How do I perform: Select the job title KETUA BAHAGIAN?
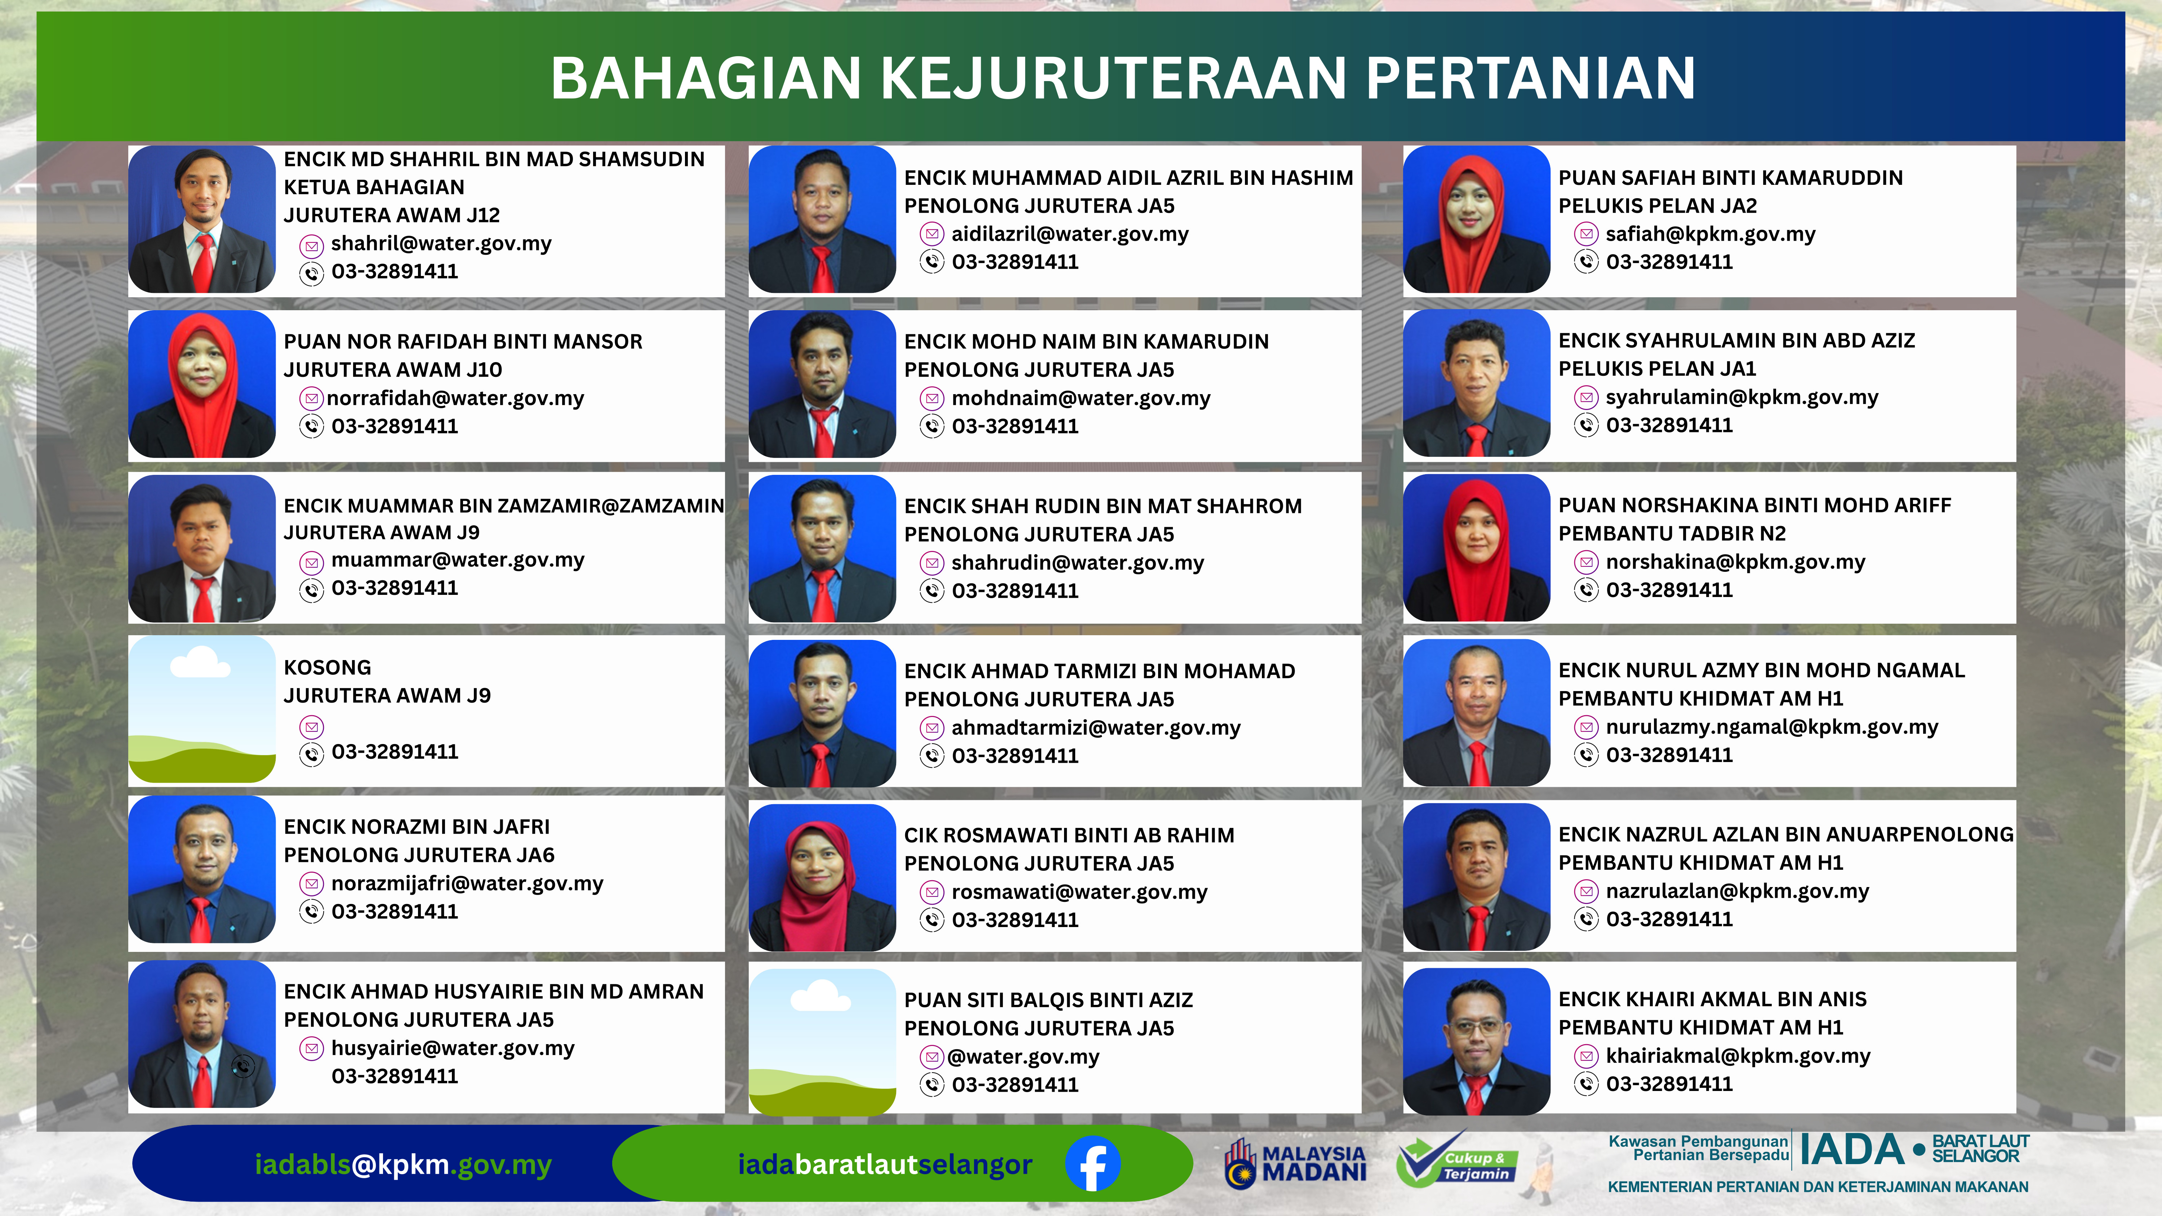click(373, 187)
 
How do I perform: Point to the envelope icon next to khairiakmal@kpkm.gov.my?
click(1585, 1056)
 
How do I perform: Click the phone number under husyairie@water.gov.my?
click(395, 1076)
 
